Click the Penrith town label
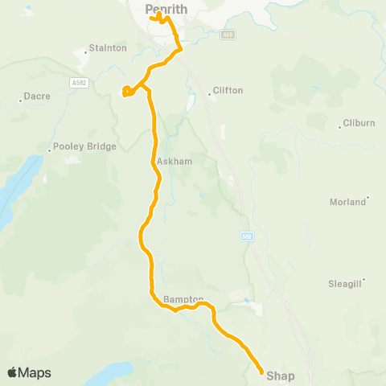point(166,9)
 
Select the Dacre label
point(38,96)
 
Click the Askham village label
point(175,161)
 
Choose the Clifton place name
point(228,91)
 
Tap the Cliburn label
point(358,123)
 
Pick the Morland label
point(347,202)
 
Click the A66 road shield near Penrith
point(229,34)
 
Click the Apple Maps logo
point(29,373)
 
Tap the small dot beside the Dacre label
point(21,101)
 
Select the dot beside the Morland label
point(368,198)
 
